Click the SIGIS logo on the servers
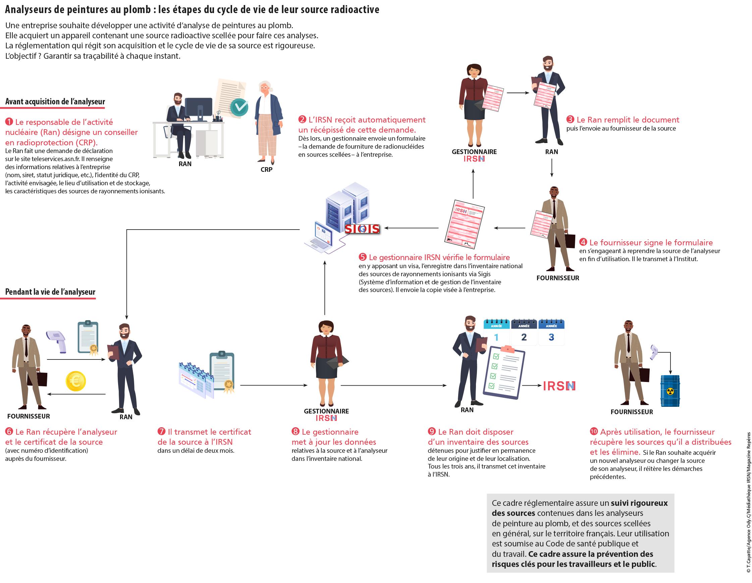(x=362, y=229)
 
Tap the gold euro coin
(x=75, y=381)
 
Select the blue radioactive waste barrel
(x=670, y=391)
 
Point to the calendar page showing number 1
(x=496, y=333)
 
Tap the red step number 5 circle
(x=363, y=257)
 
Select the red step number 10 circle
(x=594, y=432)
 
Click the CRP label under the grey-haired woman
(x=266, y=169)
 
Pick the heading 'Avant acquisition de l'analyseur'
(x=55, y=102)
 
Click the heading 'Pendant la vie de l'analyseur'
(x=50, y=292)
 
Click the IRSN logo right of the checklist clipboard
(x=559, y=386)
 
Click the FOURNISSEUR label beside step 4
(x=557, y=278)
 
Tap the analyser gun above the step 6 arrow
(x=57, y=341)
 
